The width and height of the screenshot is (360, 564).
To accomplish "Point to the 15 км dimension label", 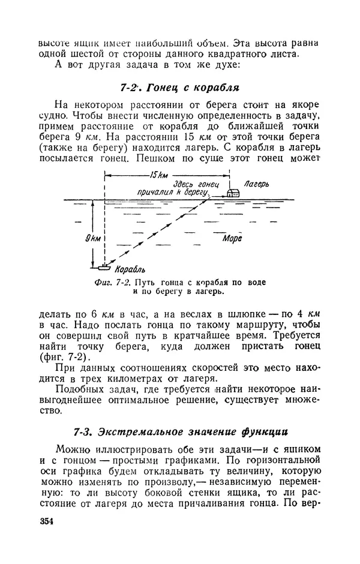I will (159, 175).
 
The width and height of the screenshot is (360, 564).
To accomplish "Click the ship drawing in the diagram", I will (106, 265).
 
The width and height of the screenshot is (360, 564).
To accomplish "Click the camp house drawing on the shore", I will (233, 193).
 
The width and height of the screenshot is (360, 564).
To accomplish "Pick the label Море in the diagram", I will (232, 238).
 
